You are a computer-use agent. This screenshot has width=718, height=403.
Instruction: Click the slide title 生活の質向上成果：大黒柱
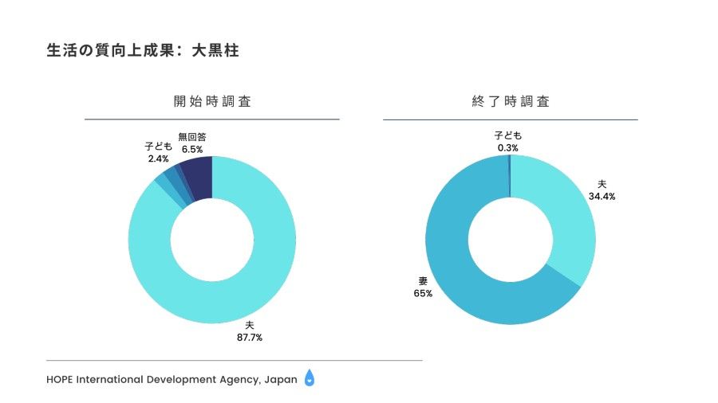tap(143, 51)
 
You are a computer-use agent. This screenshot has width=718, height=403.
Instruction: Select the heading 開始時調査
tap(212, 102)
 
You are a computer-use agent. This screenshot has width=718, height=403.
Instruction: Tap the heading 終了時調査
tap(511, 102)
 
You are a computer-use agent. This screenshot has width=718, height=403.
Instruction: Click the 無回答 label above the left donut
tap(192, 137)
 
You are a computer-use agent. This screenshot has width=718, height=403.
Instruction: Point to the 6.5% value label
tap(192, 149)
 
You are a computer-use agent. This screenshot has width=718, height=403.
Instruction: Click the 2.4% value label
tap(158, 158)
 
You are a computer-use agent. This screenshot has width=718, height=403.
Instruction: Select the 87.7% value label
tap(249, 337)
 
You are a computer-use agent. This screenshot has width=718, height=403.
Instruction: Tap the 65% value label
tap(423, 293)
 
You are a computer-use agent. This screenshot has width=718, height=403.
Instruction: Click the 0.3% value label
tap(508, 148)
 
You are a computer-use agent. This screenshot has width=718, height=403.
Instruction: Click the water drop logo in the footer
tap(310, 379)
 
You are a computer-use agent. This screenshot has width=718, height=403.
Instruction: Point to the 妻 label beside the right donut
tap(423, 281)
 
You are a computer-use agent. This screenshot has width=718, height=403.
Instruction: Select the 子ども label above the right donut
tap(508, 136)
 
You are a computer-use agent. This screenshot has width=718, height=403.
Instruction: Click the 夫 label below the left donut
tap(249, 325)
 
